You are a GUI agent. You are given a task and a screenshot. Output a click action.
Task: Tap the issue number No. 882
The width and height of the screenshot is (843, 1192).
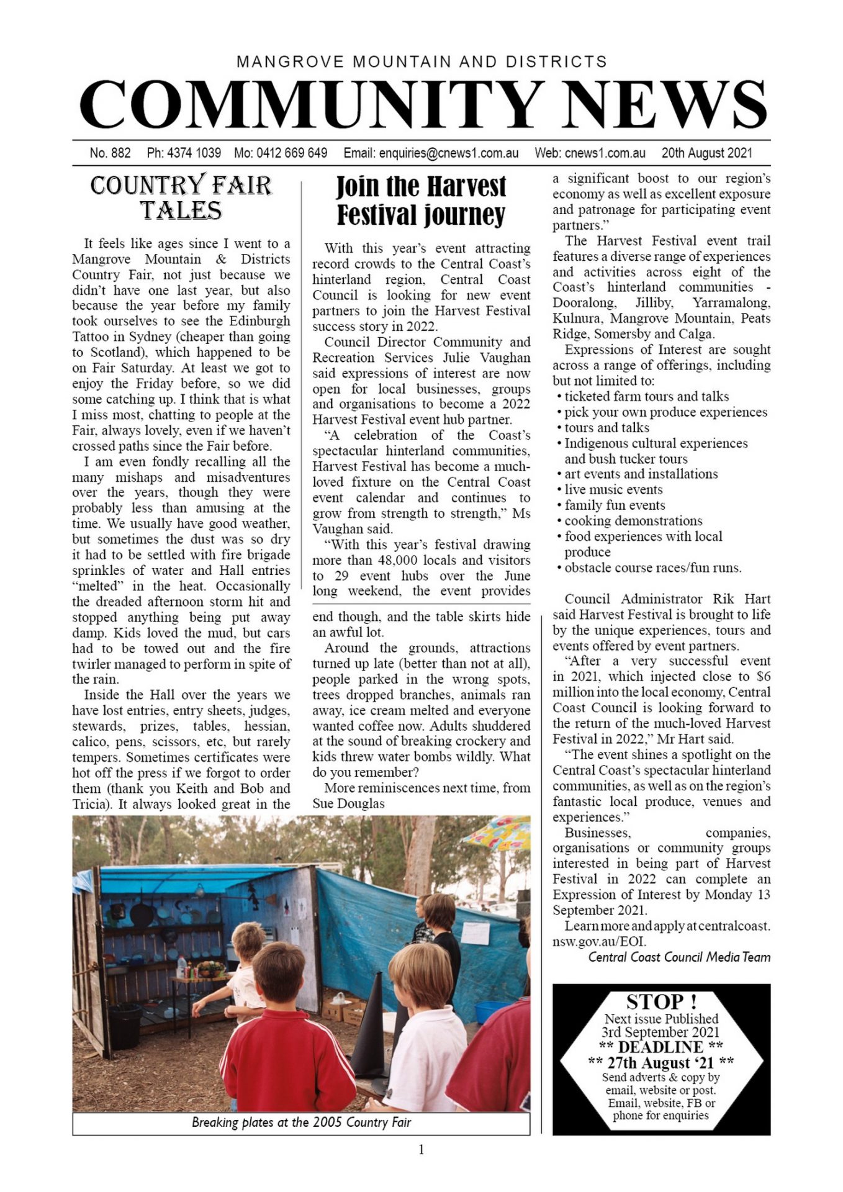tap(110, 153)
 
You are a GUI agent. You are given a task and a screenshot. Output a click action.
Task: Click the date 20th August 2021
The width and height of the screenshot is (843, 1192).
tap(706, 153)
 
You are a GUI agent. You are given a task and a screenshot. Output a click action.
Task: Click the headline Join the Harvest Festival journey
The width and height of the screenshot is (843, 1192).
tap(421, 201)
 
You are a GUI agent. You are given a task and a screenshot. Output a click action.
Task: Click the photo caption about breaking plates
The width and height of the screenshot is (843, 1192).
tap(301, 1122)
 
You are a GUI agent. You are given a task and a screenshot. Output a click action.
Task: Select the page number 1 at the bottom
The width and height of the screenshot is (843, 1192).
tap(421, 1150)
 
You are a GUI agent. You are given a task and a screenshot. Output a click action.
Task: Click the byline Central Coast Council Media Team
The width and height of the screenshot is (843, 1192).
tap(679, 957)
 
